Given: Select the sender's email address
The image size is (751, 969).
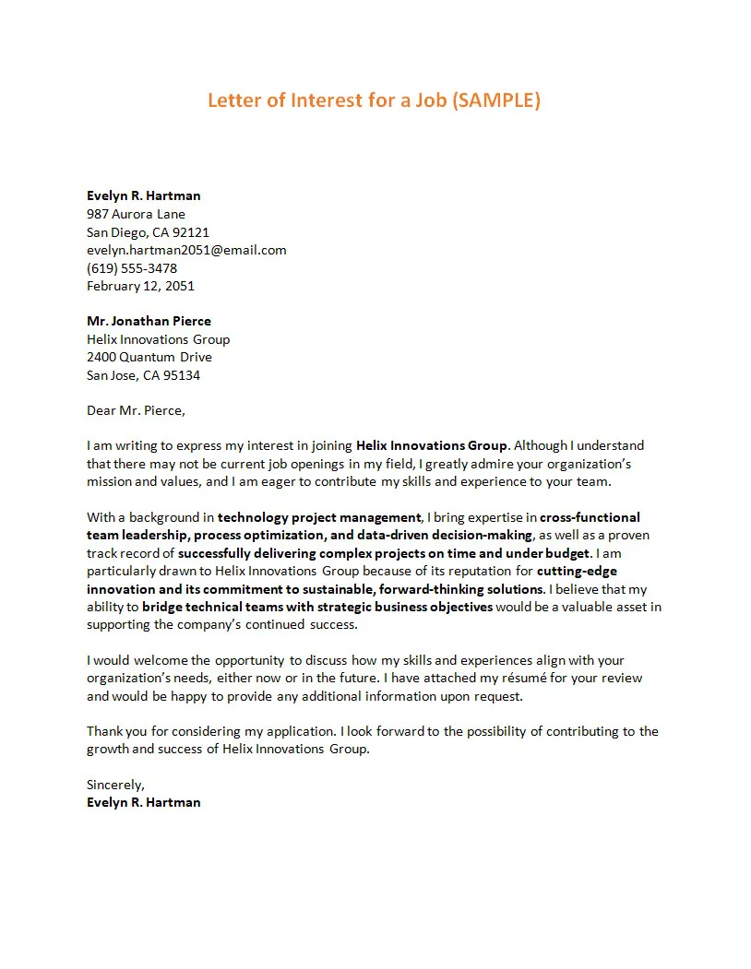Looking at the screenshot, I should pos(186,250).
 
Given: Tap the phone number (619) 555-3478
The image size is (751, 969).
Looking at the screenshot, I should pos(132,268).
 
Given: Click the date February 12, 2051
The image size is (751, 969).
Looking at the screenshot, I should pos(140,286).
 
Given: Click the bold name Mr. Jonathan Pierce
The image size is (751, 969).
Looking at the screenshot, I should pos(149,321).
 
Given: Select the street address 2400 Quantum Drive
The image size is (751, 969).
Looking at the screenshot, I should pos(149,357).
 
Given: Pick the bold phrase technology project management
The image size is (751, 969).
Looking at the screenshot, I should pos(319,517).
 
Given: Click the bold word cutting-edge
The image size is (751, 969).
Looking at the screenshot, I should pos(577,571).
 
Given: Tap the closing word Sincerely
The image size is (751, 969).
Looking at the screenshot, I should pos(115,785).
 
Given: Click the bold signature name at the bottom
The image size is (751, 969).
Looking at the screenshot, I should pos(143,802).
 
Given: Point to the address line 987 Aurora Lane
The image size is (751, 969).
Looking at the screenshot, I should pos(136,214).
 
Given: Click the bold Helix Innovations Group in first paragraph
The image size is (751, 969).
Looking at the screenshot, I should pos(432,445).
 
